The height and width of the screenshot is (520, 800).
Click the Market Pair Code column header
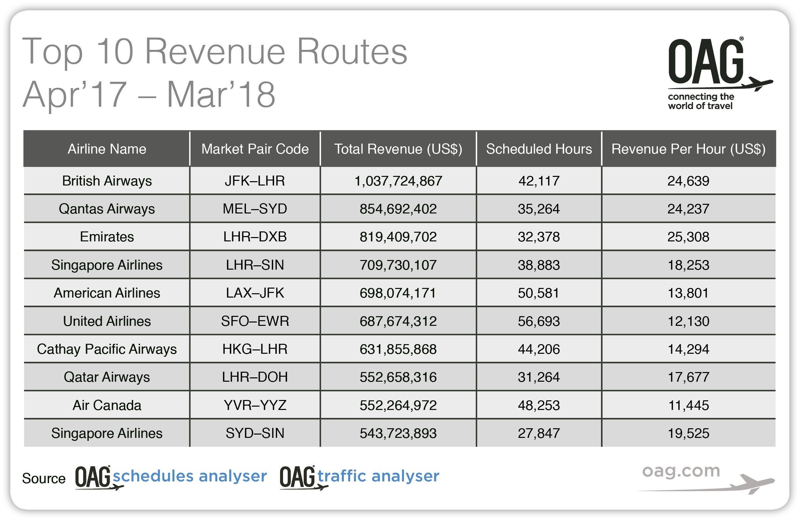coord(255,149)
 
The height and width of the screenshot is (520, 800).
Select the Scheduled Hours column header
coord(539,149)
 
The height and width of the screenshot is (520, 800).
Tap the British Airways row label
coord(107,181)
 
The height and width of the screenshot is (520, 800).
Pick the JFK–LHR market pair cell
coord(255,181)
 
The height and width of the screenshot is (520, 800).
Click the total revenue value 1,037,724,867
coord(398,181)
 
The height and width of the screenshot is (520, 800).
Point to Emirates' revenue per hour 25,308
coord(688,237)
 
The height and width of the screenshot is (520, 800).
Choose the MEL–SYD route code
coord(255,209)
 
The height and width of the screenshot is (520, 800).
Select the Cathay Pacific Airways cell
coord(107,349)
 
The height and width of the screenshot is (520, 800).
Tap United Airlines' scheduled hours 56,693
coord(539,321)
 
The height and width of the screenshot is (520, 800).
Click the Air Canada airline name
coord(107,405)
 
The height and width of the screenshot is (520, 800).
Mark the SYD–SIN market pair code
coord(255,433)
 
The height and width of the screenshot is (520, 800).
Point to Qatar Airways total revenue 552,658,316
coord(398,377)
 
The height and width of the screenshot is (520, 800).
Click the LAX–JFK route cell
coord(255,293)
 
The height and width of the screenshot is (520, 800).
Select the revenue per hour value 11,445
coord(688,405)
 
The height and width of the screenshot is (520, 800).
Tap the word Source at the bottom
coord(44,479)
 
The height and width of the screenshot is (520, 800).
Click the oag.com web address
coord(681,471)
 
